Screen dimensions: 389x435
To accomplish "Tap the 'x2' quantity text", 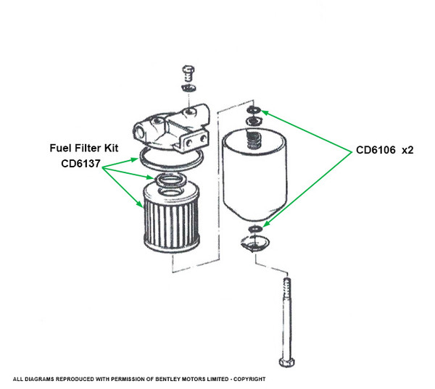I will pyautogui.click(x=407, y=151).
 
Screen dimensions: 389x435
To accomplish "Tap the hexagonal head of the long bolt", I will pyautogui.click(x=286, y=362).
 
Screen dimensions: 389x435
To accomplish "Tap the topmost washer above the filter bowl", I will pyautogui.click(x=254, y=109).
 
